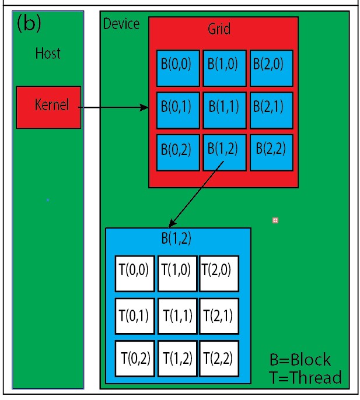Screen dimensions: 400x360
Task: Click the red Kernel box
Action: [48, 107]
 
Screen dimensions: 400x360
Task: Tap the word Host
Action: [48, 54]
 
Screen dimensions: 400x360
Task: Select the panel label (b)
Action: [29, 23]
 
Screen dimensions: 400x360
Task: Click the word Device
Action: [121, 24]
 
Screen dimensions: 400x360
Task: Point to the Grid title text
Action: [219, 29]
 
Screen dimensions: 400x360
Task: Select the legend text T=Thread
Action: [305, 378]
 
